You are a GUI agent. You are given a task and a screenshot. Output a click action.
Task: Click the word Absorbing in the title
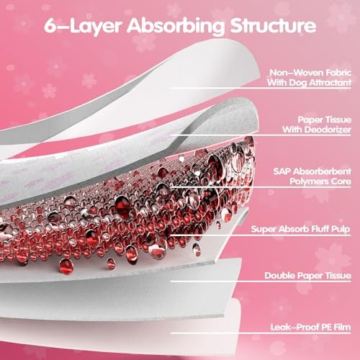[176, 26]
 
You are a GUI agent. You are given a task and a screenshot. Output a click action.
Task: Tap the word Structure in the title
[273, 25]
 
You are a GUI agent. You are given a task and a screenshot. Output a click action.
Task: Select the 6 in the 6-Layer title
[50, 25]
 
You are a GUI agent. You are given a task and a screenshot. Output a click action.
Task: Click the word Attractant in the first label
[330, 83]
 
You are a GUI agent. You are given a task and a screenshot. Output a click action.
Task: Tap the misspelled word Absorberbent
[323, 171]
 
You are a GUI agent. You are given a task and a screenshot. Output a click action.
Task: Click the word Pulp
[341, 230]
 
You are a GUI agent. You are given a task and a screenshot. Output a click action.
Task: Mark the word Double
[279, 276]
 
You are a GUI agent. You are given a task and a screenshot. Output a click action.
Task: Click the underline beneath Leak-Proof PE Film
[261, 333]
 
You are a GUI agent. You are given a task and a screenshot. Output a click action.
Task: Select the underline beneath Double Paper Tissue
[261, 282]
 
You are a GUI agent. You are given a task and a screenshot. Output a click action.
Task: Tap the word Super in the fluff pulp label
[261, 229]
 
